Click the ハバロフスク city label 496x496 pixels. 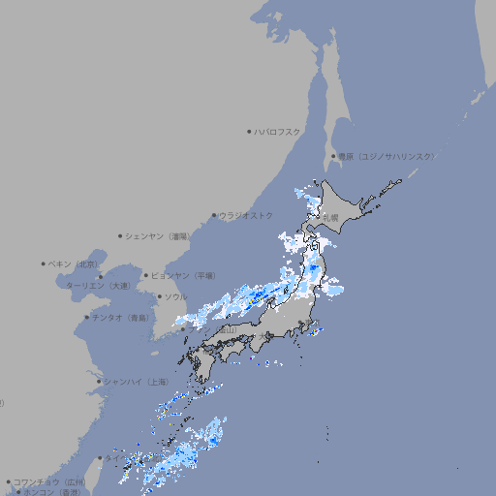pyautogui.click(x=278, y=131)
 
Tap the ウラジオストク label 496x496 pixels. pyautogui.click(x=246, y=215)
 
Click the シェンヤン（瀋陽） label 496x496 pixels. pyautogui.click(x=160, y=235)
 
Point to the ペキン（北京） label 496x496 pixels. pyautogui.click(x=74, y=263)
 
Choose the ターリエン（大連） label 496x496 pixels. pyautogui.click(x=98, y=286)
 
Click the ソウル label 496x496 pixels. pyautogui.click(x=175, y=296)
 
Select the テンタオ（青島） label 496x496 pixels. pyautogui.click(x=120, y=318)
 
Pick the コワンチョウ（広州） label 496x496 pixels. pyautogui.click(x=48, y=481)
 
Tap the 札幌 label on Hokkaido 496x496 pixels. pyautogui.click(x=331, y=218)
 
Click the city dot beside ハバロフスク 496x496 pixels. pyautogui.click(x=249, y=131)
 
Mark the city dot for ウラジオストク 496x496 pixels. pyautogui.click(x=214, y=215)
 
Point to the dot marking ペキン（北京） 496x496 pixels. pyautogui.click(x=44, y=263)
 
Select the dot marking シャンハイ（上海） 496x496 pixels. pyautogui.click(x=99, y=382)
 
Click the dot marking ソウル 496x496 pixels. pyautogui.click(x=159, y=296)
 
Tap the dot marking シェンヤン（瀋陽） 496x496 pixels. pyautogui.click(x=121, y=235)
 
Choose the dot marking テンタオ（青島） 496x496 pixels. pyautogui.click(x=87, y=318)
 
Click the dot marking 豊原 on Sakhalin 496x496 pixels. pyautogui.click(x=333, y=156)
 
